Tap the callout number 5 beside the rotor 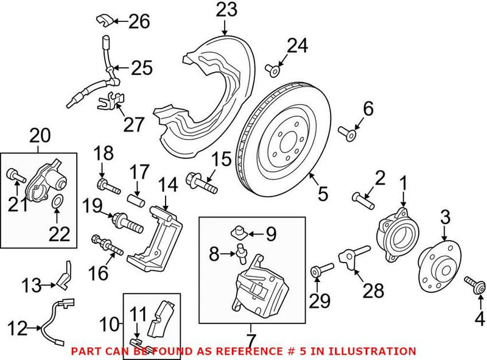323,194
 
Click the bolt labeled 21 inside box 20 15,177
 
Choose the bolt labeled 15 203,181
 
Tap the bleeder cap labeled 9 240,231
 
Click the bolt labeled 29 321,270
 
